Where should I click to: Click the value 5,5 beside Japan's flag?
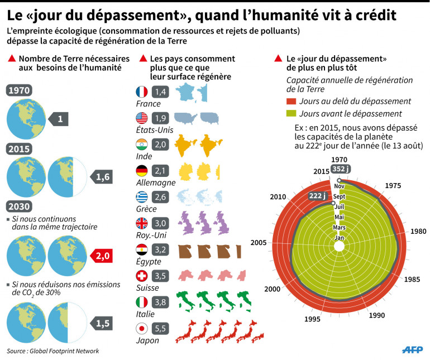click(161, 329)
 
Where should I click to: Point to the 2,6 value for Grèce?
click(161, 197)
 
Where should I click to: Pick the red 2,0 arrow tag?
click(103, 256)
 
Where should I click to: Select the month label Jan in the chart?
click(339, 238)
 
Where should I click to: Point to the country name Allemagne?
click(156, 183)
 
